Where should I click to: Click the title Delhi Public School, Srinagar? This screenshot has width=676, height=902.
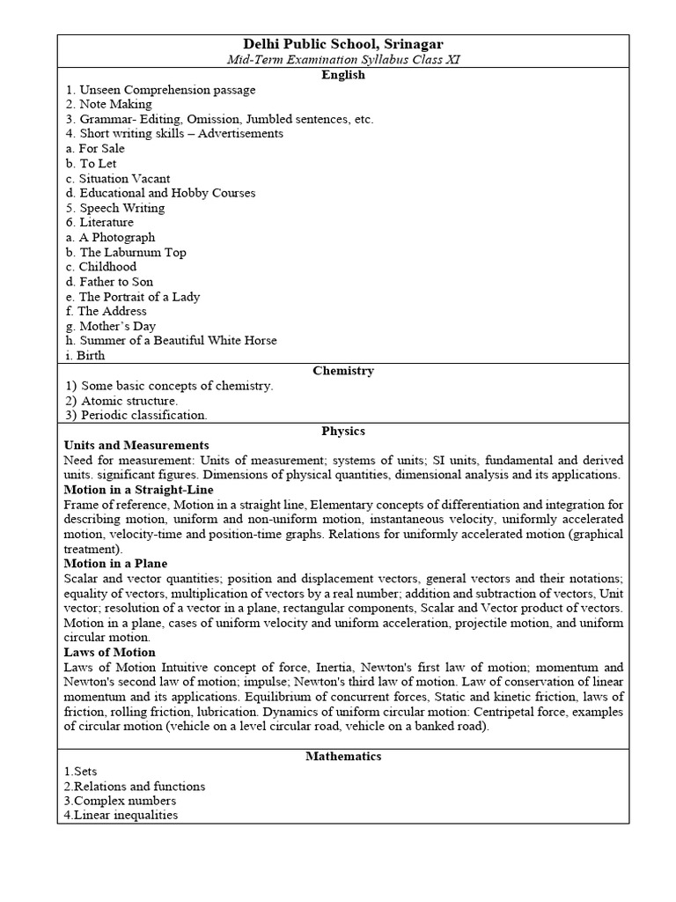(343, 44)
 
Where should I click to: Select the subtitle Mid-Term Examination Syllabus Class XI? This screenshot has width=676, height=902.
(343, 59)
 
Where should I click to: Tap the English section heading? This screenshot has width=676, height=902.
(343, 75)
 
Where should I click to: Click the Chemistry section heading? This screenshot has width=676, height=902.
(343, 371)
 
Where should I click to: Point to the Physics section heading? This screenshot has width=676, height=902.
(343, 431)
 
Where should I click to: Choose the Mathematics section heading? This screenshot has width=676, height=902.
(343, 756)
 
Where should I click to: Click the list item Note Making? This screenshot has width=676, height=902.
(108, 104)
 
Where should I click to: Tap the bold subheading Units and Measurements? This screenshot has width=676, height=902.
(136, 446)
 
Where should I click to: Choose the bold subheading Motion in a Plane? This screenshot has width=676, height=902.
(115, 564)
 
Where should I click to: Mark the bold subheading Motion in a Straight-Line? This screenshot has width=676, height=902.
(139, 490)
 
